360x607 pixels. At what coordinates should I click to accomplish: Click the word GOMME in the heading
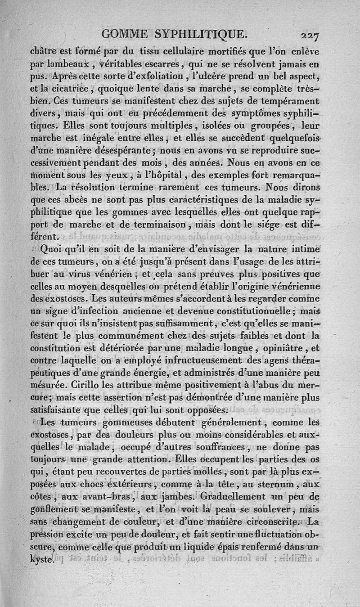tap(127, 34)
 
